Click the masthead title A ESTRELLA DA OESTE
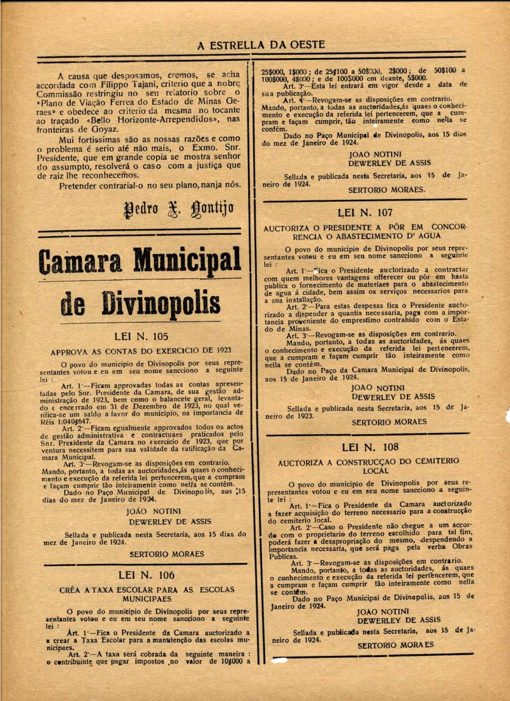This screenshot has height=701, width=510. [x=261, y=45]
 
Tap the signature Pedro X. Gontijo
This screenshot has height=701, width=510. [x=178, y=208]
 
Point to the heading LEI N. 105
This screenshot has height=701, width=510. [x=142, y=337]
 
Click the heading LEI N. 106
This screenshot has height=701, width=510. [x=142, y=574]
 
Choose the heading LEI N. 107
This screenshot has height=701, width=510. [x=366, y=213]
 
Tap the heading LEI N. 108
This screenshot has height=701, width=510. [x=370, y=448]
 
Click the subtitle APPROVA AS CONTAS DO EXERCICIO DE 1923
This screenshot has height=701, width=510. [x=141, y=351]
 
